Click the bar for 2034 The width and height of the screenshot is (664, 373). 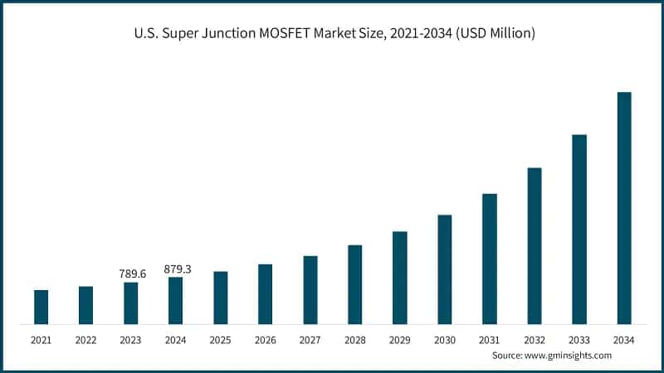pyautogui.click(x=624, y=208)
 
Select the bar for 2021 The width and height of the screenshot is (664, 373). pyautogui.click(x=41, y=307)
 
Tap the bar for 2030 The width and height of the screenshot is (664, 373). pyautogui.click(x=445, y=269)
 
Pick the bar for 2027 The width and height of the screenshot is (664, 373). pyautogui.click(x=310, y=289)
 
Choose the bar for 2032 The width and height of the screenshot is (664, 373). pyautogui.click(x=535, y=245)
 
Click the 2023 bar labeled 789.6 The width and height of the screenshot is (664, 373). pyautogui.click(x=131, y=303)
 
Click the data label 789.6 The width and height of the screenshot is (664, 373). pyautogui.click(x=130, y=274)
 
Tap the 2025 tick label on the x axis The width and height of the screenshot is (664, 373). pyautogui.click(x=220, y=340)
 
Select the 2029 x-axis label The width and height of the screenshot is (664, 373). pyautogui.click(x=399, y=340)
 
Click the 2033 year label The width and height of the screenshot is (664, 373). pyautogui.click(x=579, y=340)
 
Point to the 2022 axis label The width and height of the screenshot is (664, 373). pyautogui.click(x=85, y=340)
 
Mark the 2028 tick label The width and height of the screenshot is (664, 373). pyautogui.click(x=354, y=340)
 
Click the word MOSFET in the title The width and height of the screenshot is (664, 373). pyautogui.click(x=295, y=34)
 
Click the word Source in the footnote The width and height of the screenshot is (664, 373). pyautogui.click(x=507, y=355)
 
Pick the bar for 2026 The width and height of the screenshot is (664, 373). pyautogui.click(x=266, y=294)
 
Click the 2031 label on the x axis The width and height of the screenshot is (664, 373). pyautogui.click(x=489, y=340)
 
